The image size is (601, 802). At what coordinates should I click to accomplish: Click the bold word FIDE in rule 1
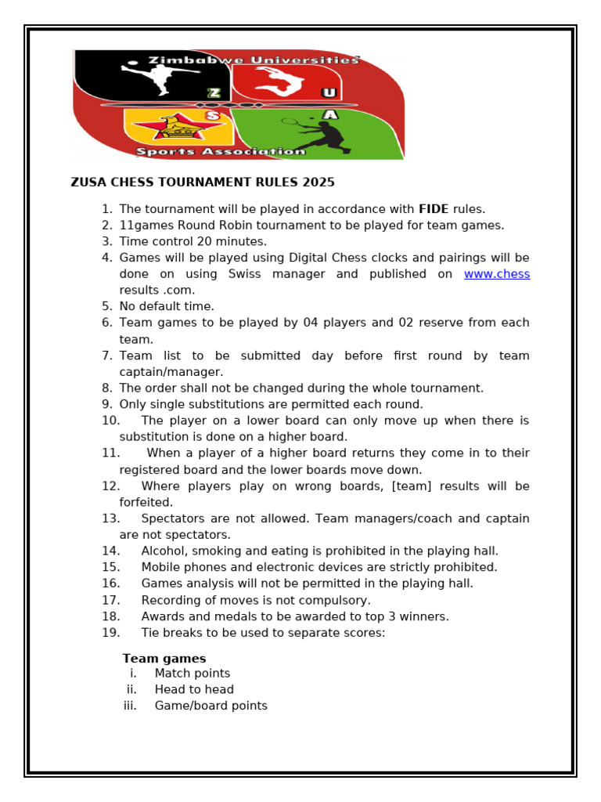434,209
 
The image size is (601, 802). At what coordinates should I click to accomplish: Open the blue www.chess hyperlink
496,274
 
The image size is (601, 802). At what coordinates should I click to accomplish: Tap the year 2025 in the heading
318,182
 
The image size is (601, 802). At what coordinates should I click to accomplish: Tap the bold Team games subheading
164,659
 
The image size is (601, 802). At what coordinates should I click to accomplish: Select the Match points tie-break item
192,674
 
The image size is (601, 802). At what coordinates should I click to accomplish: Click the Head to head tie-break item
194,690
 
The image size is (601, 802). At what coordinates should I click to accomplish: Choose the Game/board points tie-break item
211,706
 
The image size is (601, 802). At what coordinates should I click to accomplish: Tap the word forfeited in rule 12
146,502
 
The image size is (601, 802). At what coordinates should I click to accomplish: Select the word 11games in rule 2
146,226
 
